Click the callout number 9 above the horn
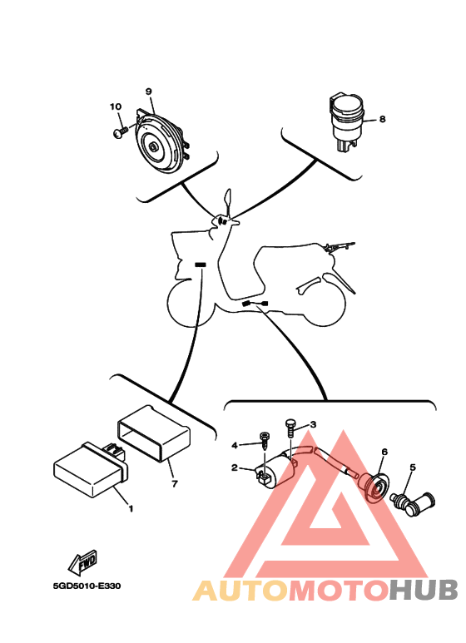[148, 92]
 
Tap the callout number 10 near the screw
[116, 106]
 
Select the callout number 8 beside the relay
[382, 119]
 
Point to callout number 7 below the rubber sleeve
[175, 484]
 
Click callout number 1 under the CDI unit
[131, 508]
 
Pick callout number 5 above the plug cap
[413, 467]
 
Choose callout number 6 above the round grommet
[384, 452]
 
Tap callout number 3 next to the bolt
[313, 424]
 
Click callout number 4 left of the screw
[234, 445]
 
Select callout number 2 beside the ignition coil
[234, 467]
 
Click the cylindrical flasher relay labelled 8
[346, 121]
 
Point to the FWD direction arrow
[83, 562]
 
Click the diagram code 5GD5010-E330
[87, 586]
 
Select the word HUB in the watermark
[424, 591]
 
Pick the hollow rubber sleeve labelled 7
[154, 433]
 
